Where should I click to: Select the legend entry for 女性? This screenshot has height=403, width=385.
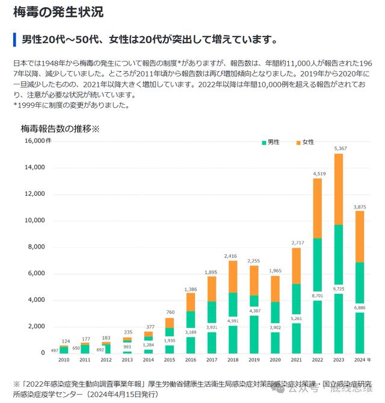pos(305,142)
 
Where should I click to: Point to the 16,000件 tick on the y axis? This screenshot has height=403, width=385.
pos(38,141)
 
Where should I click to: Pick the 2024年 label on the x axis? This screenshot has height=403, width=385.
pos(359,360)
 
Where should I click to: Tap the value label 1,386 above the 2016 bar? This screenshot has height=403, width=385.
pos(190,290)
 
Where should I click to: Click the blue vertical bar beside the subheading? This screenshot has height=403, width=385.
pos(14,40)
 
